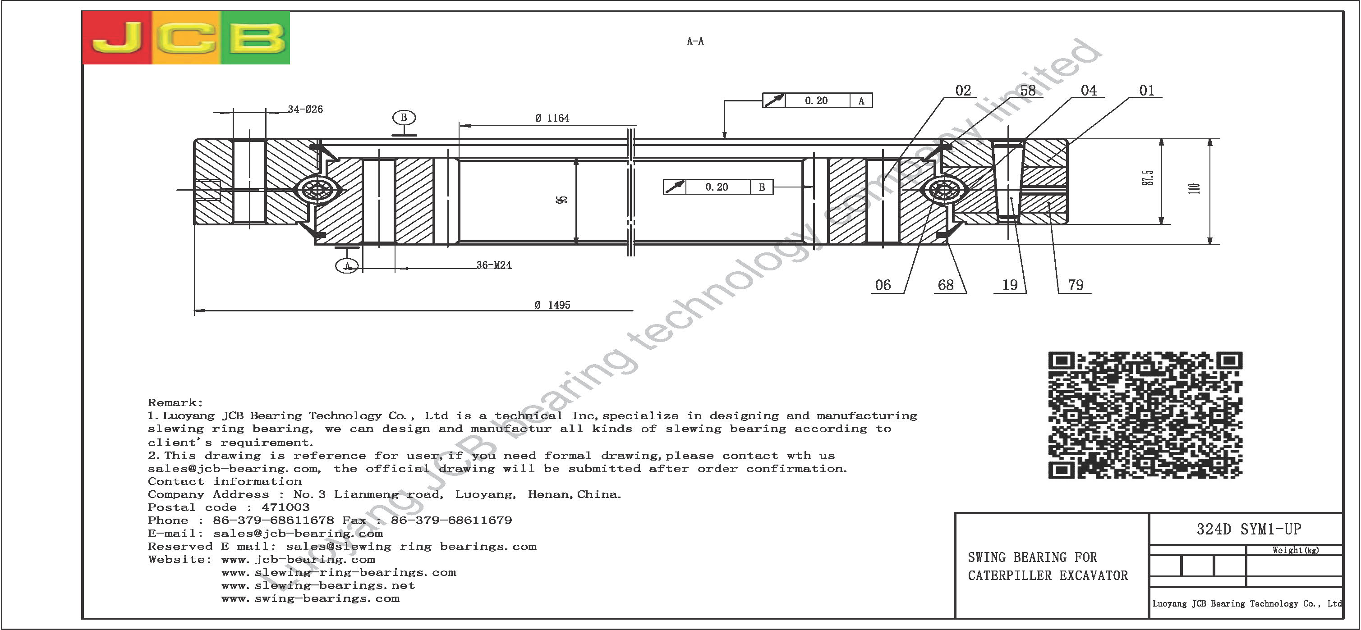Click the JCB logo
186,37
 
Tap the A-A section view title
695,41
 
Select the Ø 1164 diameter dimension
552,118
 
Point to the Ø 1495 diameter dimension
552,305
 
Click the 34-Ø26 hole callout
305,110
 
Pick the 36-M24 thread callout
494,265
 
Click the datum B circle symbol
404,117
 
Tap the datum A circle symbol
347,265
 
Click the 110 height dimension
1195,188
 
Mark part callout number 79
1076,285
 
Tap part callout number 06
883,285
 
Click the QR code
1145,415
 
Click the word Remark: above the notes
175,402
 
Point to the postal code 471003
286,507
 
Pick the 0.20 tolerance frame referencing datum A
817,100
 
